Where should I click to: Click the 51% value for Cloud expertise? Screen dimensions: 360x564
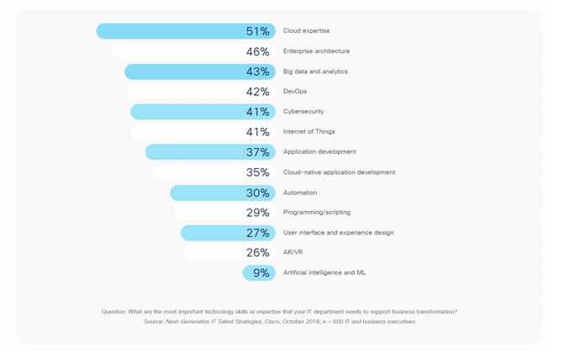(257, 31)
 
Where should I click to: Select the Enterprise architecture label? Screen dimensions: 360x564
(316, 51)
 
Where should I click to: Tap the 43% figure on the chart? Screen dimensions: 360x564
(257, 71)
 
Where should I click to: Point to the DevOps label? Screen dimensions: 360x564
(294, 92)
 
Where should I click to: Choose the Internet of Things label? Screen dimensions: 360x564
(310, 132)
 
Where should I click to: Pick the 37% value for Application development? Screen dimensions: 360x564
(257, 152)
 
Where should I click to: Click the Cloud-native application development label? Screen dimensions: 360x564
(339, 172)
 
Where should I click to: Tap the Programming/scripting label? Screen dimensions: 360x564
(317, 213)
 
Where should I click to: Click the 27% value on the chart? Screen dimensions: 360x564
(257, 233)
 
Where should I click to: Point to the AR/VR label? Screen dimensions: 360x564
(293, 252)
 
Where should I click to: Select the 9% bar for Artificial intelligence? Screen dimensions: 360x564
(257, 273)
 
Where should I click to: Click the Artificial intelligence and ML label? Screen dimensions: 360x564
(324, 273)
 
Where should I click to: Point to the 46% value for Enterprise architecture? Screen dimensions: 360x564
(257, 51)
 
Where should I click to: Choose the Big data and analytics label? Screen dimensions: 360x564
(315, 71)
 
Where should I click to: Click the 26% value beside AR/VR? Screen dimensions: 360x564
(257, 252)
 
